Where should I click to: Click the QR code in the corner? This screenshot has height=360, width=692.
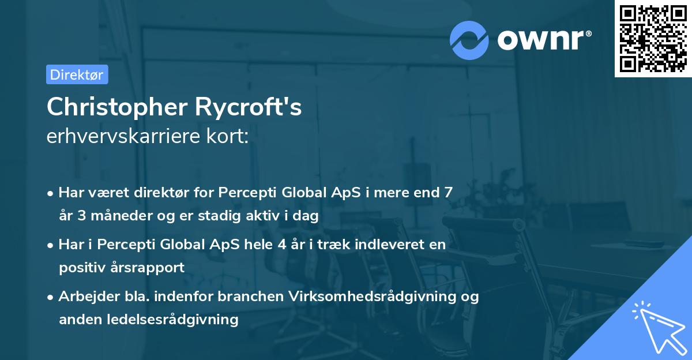click(653, 39)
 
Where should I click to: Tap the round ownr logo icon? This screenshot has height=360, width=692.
click(469, 39)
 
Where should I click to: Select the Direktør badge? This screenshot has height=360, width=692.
click(77, 74)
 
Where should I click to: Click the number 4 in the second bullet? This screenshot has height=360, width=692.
click(281, 245)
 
